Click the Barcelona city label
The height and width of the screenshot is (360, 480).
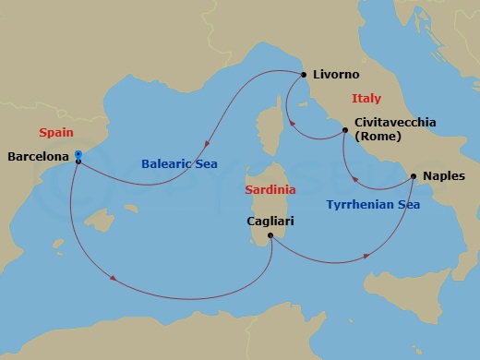(x=38, y=157)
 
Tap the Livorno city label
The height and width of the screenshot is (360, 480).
(x=337, y=75)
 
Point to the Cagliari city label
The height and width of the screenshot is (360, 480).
(x=272, y=222)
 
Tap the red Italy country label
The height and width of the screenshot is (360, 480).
(x=366, y=99)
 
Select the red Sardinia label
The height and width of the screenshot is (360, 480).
(x=270, y=189)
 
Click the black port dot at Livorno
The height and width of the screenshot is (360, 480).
(x=303, y=75)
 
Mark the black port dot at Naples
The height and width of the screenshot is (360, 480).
(x=413, y=175)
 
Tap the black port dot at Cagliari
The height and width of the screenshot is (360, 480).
(x=270, y=235)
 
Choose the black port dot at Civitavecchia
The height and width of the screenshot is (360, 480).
(x=345, y=130)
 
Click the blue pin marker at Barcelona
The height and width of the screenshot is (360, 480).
(x=78, y=155)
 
